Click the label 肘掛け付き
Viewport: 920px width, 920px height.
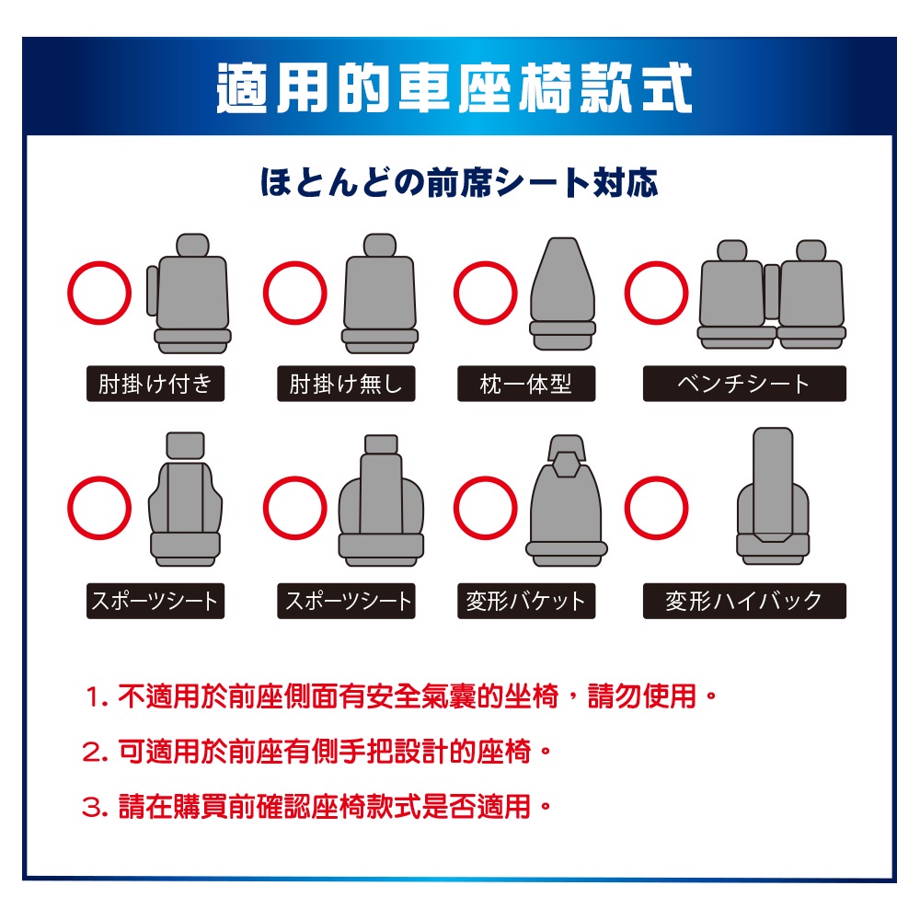(x=155, y=384)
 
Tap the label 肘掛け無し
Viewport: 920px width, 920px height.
(x=346, y=384)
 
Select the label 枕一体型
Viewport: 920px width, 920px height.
(x=526, y=384)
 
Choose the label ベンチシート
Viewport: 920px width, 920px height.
(x=744, y=384)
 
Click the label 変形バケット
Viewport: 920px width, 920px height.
(x=526, y=601)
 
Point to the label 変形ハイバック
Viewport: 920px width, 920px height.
(x=744, y=601)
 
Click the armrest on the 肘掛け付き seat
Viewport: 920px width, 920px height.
(x=152, y=291)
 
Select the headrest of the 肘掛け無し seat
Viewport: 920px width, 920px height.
(x=380, y=246)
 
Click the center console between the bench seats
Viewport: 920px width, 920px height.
(x=772, y=292)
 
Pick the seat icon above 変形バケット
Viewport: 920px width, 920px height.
(x=566, y=500)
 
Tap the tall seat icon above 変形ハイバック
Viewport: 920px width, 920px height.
(x=773, y=496)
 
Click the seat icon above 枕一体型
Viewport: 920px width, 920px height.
(x=563, y=294)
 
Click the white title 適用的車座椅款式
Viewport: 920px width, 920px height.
(x=454, y=88)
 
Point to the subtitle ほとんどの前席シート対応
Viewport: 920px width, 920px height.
(x=459, y=182)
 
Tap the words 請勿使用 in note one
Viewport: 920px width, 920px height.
(x=642, y=696)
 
